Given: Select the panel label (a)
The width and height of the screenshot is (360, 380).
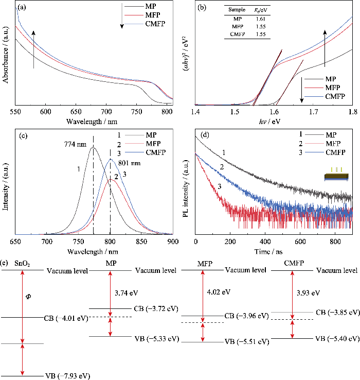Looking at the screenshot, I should (x=22, y=8).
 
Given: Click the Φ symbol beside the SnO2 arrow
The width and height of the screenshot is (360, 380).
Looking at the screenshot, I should (x=28, y=297).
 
